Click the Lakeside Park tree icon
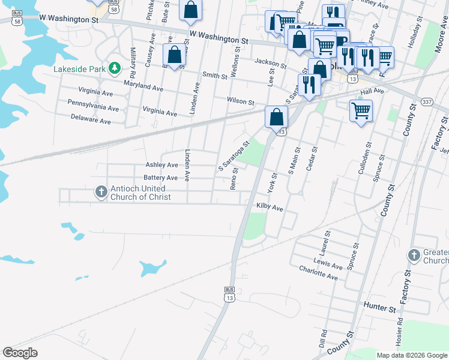[x=114, y=69]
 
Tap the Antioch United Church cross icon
[x=101, y=191]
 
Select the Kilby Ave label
[x=270, y=207]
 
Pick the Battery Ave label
[x=161, y=178]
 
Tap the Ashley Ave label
[x=162, y=165]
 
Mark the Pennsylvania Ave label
[x=93, y=106]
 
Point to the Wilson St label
[x=241, y=101]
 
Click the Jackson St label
[x=270, y=62]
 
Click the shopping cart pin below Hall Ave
[x=361, y=110]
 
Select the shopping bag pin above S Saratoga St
[x=276, y=116]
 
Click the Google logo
[x=20, y=353]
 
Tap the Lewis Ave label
[x=328, y=262]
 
